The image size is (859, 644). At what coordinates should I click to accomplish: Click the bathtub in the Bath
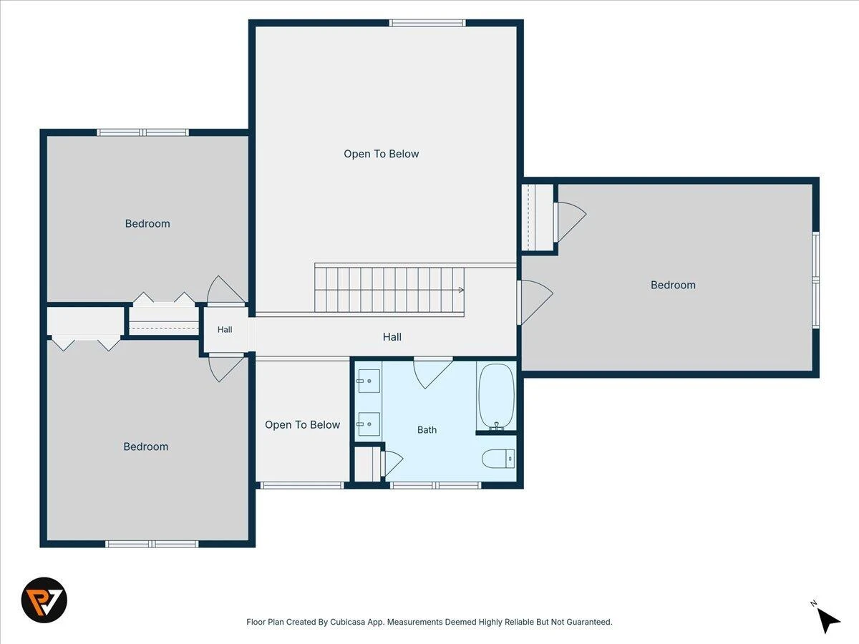coord(496,397)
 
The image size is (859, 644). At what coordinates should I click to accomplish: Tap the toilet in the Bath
coord(498,458)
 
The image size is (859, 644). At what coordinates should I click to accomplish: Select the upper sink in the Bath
coord(368,381)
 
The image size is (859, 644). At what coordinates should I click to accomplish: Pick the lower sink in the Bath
coord(368,424)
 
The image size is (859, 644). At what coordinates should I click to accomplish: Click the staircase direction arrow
coord(462,290)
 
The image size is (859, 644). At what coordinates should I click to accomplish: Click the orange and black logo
coord(44,600)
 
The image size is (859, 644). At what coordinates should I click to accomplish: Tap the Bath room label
coord(427,430)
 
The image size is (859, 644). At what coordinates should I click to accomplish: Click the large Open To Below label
coord(381,154)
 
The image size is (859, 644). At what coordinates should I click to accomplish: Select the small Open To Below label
coord(303,424)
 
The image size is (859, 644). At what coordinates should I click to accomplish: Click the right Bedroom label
coord(673,285)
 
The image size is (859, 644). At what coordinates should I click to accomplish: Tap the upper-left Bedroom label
coord(147,223)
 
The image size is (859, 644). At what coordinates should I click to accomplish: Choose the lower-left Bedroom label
coord(146,447)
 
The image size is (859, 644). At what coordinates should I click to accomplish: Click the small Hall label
coord(225,330)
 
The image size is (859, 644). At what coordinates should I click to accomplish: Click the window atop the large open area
coord(427,23)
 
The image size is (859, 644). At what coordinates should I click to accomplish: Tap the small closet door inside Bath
coord(392,464)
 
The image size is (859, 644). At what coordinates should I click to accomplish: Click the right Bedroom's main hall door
coord(535,302)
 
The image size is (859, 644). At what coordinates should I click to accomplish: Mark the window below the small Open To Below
coord(302,485)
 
